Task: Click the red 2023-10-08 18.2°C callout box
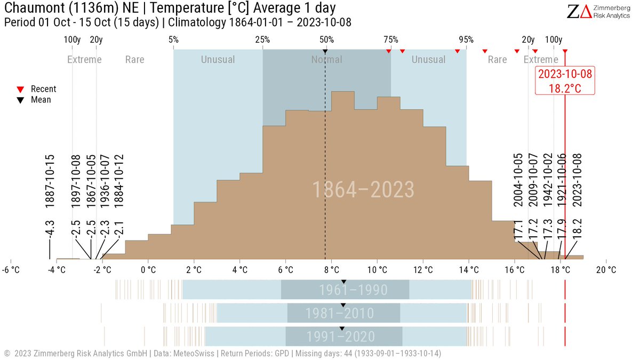coord(565,81)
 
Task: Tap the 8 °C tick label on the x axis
coord(331,269)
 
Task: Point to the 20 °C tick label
coord(606,269)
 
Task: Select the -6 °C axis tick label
coord(11,269)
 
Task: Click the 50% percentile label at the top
coord(326,40)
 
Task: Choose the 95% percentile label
coord(466,40)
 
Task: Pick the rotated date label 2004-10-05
coord(518,180)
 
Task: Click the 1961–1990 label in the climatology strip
coord(353,290)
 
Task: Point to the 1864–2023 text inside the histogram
coord(363,190)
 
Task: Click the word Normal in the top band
coord(326,60)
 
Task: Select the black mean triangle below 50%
coord(325,51)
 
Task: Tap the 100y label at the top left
coord(72,40)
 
